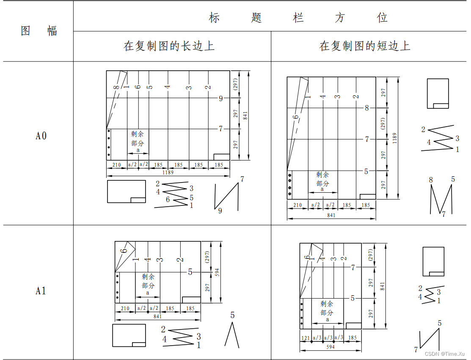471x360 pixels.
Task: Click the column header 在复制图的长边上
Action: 169,46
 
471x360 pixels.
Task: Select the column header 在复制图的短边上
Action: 365,46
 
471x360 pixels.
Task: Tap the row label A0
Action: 41,136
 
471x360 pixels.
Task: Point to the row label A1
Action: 41,291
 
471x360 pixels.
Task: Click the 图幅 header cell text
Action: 39,31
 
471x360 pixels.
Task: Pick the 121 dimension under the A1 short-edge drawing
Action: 306,338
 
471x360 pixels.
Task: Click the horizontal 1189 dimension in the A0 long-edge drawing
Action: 168,172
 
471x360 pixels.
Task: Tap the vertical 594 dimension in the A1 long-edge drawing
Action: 217,272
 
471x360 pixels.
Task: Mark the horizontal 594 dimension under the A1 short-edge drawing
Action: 331,347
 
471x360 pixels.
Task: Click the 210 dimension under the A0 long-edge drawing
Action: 116,165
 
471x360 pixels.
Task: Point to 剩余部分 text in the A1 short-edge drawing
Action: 327,308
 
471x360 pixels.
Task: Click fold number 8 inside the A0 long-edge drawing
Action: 116,87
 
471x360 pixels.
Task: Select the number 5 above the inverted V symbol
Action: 232,315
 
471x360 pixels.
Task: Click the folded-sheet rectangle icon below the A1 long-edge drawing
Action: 129,335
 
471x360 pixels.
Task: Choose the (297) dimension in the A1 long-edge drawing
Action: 207,257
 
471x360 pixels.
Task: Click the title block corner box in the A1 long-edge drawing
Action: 191,299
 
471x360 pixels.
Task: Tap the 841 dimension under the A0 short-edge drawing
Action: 331,215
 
